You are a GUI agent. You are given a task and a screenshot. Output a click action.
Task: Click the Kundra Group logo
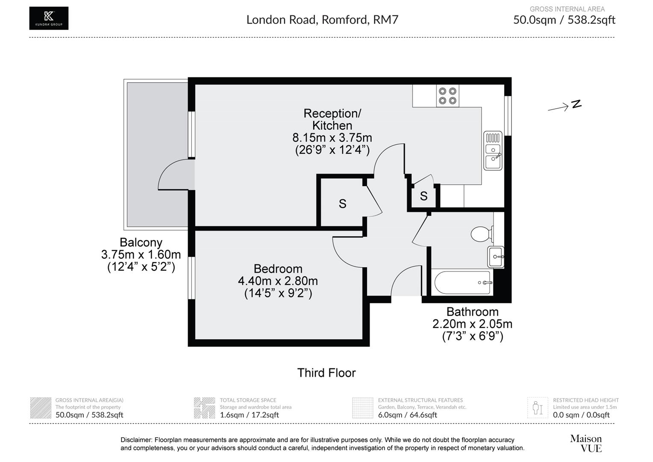pos(49,18)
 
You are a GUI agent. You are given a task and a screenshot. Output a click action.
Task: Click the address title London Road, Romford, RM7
pos(322,20)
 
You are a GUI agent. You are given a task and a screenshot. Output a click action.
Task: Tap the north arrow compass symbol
pos(565,106)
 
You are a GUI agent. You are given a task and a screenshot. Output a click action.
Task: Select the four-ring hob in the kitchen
pos(447,96)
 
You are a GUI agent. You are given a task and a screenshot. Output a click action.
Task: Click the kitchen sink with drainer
pos(493,151)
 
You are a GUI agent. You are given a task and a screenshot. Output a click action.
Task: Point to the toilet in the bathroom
pos(481,234)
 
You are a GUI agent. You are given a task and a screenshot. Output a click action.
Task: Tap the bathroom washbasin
pos(496,257)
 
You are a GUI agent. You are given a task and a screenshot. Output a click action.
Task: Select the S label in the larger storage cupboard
pos(342,204)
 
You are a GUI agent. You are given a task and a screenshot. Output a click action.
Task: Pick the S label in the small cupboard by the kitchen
pos(424,196)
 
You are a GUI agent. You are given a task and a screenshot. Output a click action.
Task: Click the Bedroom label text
pos(278,269)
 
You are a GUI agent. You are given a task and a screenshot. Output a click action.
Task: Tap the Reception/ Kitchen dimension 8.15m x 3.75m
pos(332,138)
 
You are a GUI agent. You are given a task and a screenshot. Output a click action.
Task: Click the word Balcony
pos(141,243)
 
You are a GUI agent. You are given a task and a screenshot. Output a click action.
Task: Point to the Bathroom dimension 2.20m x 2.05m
pos(472,324)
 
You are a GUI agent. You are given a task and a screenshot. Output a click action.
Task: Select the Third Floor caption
pos(326,373)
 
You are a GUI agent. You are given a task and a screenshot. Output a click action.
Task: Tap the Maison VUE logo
pos(585,443)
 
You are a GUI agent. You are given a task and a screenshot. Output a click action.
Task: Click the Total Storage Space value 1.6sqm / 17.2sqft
pos(249,415)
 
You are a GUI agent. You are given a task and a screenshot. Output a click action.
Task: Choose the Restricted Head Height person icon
pos(537,408)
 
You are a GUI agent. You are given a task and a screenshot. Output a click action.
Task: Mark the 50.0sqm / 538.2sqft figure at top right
pos(564,20)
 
